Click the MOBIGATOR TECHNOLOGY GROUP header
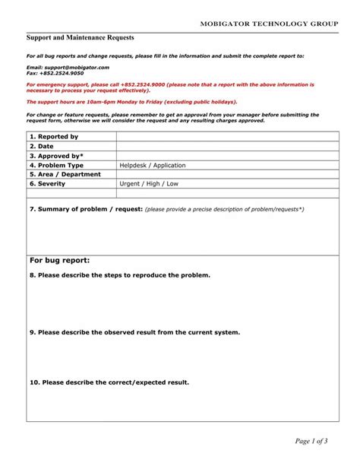[269, 24]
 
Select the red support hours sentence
[131, 101]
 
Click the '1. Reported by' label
[54, 137]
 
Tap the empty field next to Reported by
[227, 137]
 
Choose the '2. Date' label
[43, 146]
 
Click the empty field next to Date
[227, 146]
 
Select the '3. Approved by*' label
[57, 156]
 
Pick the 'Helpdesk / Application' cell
[152, 165]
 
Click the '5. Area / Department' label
[65, 174]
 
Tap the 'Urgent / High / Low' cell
[149, 184]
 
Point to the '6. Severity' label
[47, 184]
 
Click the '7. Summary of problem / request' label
[86, 208]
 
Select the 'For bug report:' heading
[60, 260]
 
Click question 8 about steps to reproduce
[120, 275]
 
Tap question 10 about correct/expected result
[109, 382]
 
